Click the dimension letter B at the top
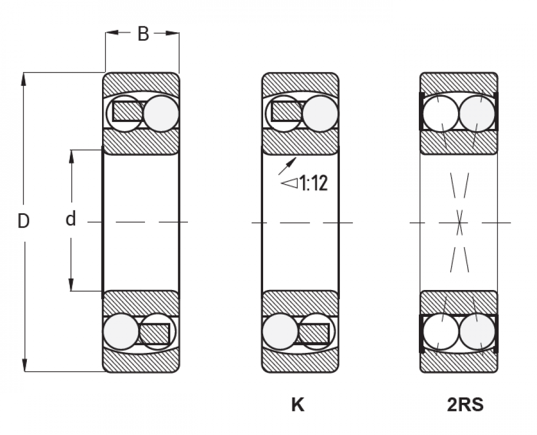pyautogui.click(x=143, y=34)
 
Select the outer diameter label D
pyautogui.click(x=23, y=221)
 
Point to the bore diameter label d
pyautogui.click(x=70, y=219)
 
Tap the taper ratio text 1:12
pyautogui.click(x=314, y=183)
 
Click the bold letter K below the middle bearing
pyautogui.click(x=297, y=405)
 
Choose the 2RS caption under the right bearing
pyautogui.click(x=465, y=405)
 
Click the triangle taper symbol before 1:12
pyautogui.click(x=289, y=183)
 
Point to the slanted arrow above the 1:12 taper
pyautogui.click(x=287, y=166)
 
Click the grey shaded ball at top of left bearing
pyautogui.click(x=161, y=114)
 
